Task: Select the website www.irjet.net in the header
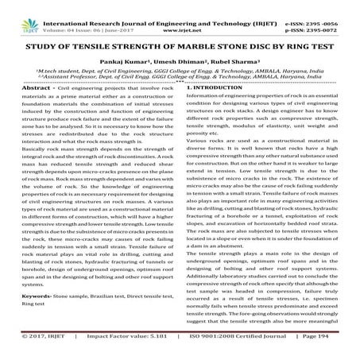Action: pyautogui.click(x=180, y=14)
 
